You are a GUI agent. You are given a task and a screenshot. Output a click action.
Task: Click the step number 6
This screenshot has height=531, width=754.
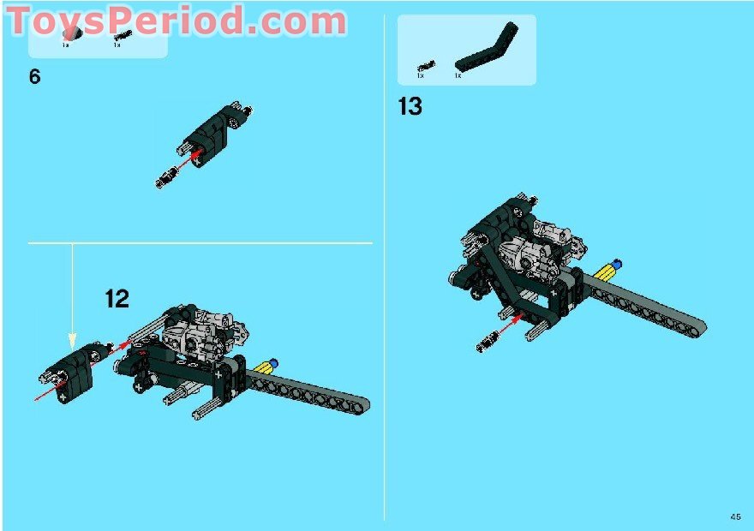(x=34, y=77)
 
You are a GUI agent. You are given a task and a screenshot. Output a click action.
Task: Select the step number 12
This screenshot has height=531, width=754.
(x=117, y=299)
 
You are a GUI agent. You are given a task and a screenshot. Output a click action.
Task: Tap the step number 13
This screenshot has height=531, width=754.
(x=410, y=107)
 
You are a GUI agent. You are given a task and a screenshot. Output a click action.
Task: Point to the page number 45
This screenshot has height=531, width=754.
(x=736, y=516)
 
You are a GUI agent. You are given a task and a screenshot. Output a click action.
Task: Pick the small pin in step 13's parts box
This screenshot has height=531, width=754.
(x=426, y=65)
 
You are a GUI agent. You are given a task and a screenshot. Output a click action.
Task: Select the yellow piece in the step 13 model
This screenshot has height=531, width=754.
(x=605, y=271)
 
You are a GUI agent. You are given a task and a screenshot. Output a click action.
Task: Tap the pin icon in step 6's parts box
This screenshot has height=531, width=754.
(x=123, y=35)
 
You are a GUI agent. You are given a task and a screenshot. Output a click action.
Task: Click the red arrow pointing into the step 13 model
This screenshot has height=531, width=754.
(x=512, y=324)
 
